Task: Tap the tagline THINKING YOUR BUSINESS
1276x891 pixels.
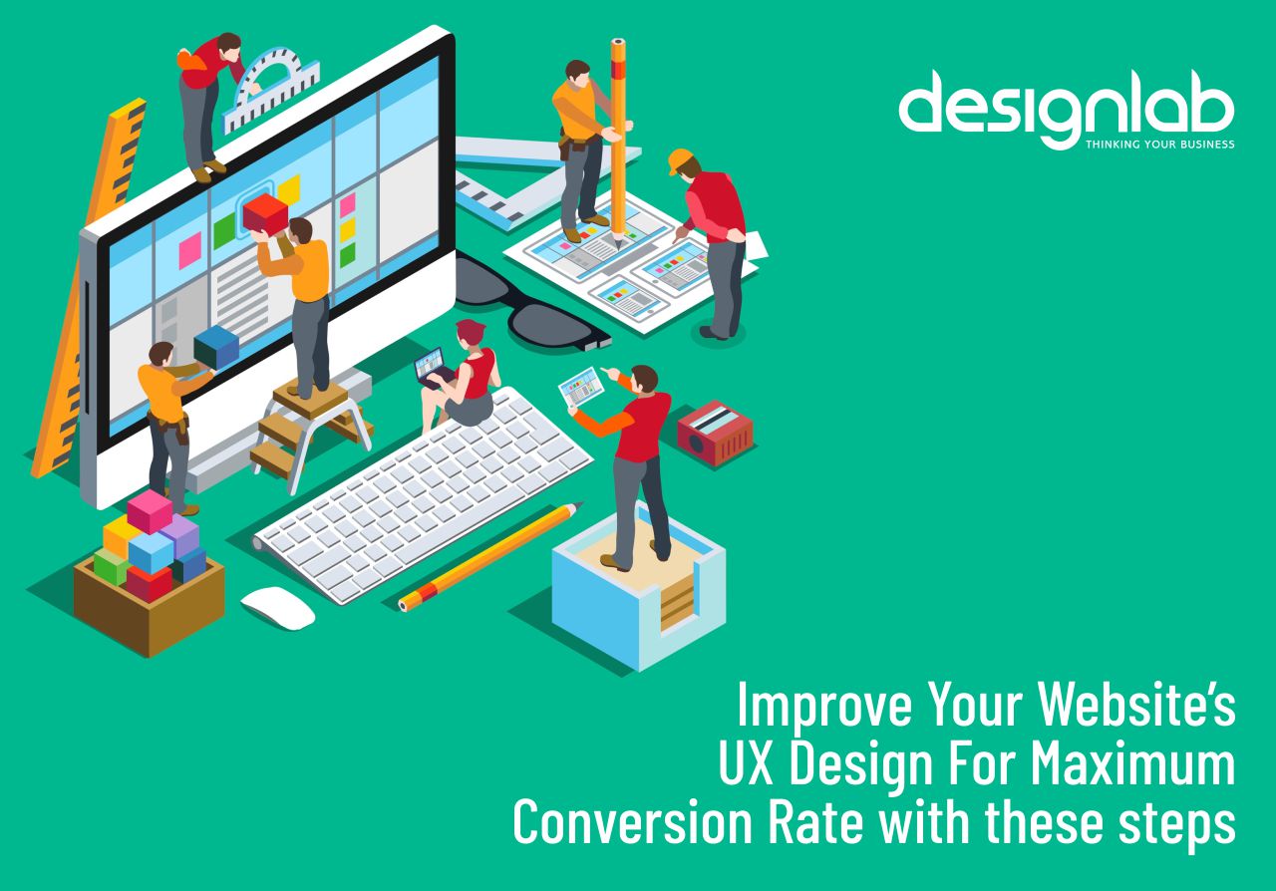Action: [1159, 145]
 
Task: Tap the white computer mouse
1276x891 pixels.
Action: [277, 607]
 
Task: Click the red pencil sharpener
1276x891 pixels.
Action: [715, 433]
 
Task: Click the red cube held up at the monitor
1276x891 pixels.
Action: [265, 212]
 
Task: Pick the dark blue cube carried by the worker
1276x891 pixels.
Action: [216, 347]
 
